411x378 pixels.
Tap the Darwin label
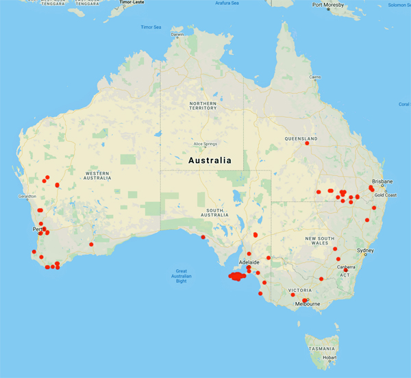pos(177,34)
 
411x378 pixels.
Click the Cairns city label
pos(315,77)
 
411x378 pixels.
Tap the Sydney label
pos(365,251)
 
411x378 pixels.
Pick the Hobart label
pos(330,357)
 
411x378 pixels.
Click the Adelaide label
pos(248,262)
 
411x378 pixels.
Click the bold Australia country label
pos(210,160)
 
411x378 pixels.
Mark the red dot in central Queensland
pos(307,143)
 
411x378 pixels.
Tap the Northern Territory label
pos(203,105)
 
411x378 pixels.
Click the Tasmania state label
pos(321,349)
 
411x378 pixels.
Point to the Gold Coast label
pos(385,195)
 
